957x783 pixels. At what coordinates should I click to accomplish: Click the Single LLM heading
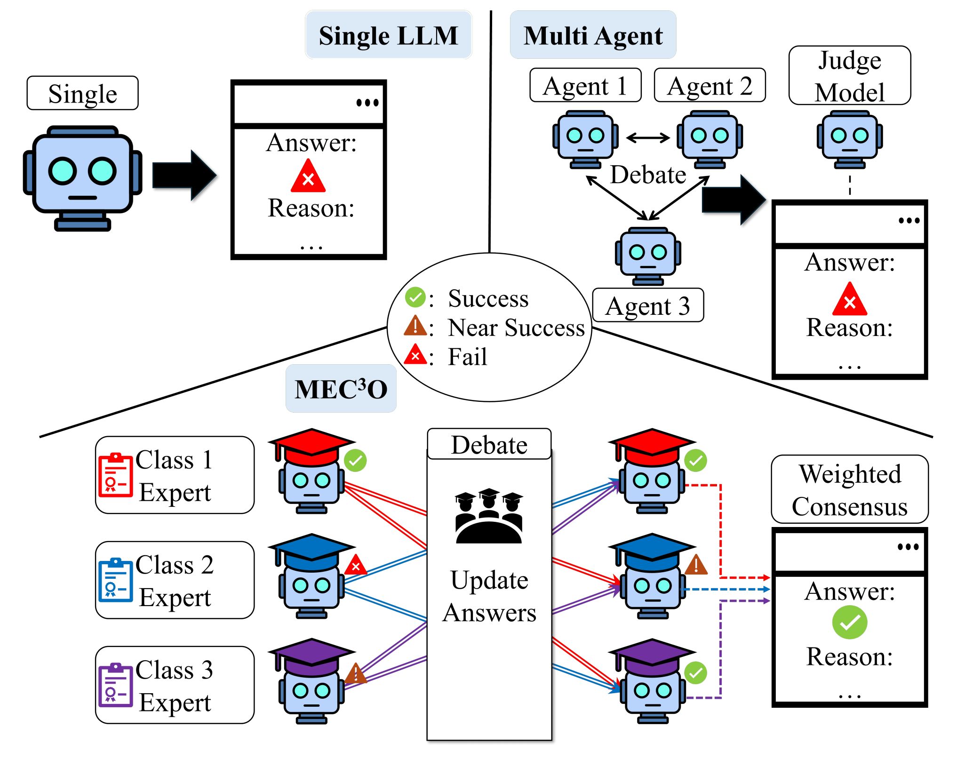click(388, 35)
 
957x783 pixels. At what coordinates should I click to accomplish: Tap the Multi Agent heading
click(593, 35)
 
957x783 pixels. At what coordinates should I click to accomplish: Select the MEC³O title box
click(341, 389)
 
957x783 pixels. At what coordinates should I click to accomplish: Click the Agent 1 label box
click(585, 85)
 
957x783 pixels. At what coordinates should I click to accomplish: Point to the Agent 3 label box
click(648, 305)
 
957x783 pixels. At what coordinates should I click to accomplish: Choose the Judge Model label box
click(849, 75)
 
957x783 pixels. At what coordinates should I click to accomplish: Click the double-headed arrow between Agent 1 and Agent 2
click(648, 137)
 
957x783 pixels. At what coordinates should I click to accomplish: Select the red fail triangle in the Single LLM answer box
click(308, 177)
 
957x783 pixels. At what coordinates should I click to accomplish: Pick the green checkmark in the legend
click(415, 297)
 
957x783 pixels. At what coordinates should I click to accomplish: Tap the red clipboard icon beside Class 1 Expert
click(115, 474)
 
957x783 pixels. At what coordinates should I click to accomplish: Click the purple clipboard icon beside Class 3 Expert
click(115, 685)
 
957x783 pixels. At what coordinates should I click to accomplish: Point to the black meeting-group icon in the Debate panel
click(489, 516)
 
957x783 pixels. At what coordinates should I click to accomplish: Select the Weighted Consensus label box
click(849, 489)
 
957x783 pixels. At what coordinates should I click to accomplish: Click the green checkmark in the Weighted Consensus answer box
click(849, 623)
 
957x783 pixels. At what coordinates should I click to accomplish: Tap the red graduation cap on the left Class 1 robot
click(311, 445)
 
